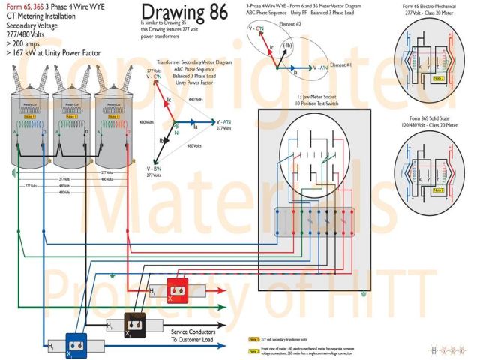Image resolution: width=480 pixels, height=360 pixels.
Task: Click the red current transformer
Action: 176,289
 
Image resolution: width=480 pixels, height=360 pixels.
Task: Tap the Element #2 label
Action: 298,25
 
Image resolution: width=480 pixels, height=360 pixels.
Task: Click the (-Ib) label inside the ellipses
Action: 288,46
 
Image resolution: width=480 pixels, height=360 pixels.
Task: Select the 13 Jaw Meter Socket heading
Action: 314,97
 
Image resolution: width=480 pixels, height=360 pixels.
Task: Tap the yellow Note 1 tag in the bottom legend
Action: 254,319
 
